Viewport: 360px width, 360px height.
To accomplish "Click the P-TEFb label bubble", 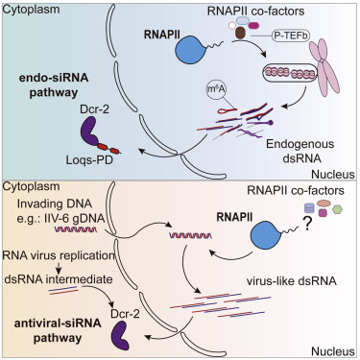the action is tap(291, 36).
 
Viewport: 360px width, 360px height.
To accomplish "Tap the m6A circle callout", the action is tap(215, 90).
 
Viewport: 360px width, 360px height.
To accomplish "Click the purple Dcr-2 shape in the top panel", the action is tap(91, 132).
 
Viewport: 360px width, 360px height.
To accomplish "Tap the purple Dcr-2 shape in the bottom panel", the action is tap(120, 335).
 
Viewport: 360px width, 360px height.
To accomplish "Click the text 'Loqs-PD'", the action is tap(89, 159).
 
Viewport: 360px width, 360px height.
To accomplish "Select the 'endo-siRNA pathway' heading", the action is tap(54, 85).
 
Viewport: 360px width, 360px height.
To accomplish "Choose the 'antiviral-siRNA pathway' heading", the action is tap(58, 330).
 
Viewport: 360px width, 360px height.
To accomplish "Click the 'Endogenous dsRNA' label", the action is tap(300, 151).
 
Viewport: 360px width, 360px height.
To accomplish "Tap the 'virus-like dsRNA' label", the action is tap(291, 281).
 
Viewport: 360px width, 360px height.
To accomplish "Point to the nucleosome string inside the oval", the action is tap(290, 73).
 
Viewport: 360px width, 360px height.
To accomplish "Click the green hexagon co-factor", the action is tap(337, 209).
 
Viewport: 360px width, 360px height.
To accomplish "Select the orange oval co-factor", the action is tap(324, 204).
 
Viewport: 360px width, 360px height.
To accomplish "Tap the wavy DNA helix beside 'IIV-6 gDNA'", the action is tap(76, 229).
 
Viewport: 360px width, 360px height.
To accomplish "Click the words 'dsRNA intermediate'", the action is tap(59, 279).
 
